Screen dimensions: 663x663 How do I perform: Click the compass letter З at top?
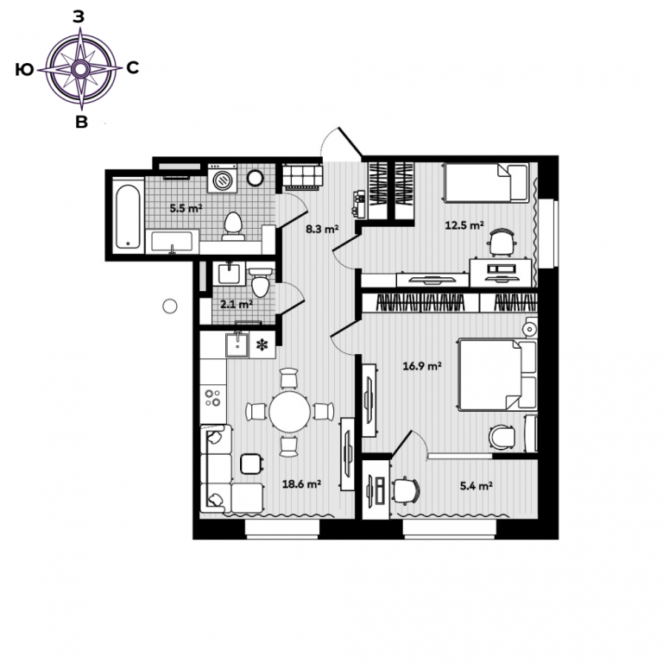tap(79, 16)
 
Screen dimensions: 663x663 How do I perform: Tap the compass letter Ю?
tap(24, 70)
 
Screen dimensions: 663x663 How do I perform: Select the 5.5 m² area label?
tap(186, 208)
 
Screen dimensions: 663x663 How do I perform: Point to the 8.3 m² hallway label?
tap(322, 229)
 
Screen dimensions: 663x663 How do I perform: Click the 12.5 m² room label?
tap(464, 225)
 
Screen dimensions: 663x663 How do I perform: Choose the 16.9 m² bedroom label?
tap(422, 366)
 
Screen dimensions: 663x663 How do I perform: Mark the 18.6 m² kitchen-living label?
tap(301, 483)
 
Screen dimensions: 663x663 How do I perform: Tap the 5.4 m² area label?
tap(477, 486)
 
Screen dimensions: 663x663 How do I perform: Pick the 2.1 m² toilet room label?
tap(237, 304)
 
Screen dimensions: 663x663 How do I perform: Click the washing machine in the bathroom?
tap(223, 179)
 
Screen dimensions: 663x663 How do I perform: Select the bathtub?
tap(128, 216)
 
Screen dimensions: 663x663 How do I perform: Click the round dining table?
tap(290, 412)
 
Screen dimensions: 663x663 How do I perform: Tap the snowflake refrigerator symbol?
tap(262, 344)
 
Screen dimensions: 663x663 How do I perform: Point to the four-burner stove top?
tap(213, 397)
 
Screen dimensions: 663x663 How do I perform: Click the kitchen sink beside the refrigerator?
tap(237, 344)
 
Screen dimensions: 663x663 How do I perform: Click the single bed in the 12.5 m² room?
tap(486, 182)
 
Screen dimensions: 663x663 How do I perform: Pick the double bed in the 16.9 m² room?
tap(498, 375)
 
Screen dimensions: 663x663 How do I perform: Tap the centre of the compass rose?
tap(80, 69)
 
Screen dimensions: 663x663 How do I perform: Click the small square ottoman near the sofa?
tap(252, 464)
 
